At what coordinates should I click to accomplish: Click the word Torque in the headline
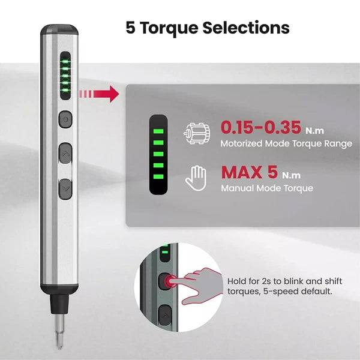click(169, 28)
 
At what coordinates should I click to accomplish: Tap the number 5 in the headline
click(130, 28)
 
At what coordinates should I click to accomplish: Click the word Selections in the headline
click(246, 28)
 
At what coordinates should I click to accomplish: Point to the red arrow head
click(114, 94)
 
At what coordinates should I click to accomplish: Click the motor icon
click(197, 133)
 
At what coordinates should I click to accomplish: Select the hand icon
click(196, 178)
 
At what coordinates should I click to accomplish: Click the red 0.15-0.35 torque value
click(261, 127)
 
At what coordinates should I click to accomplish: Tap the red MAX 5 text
click(250, 172)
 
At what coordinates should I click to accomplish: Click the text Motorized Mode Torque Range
click(286, 143)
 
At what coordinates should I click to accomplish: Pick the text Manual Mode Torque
click(267, 188)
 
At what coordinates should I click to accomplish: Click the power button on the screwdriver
click(65, 119)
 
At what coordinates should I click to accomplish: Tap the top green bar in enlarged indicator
click(158, 131)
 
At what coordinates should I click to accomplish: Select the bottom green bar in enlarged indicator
click(158, 176)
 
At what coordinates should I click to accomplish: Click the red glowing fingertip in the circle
click(169, 281)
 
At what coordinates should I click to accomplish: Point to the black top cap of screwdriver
click(59, 30)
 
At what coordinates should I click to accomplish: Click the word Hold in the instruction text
click(236, 281)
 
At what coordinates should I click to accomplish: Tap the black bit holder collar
click(59, 304)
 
